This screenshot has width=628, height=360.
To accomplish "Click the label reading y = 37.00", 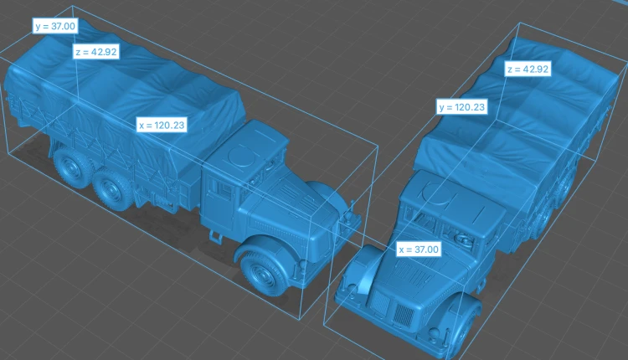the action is [x=55, y=26].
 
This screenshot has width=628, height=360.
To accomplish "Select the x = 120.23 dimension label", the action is [x=162, y=125].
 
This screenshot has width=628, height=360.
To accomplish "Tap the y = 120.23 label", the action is [x=461, y=107].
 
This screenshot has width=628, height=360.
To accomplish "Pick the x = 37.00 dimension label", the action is [x=419, y=249].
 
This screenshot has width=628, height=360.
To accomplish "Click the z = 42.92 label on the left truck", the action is [x=96, y=52].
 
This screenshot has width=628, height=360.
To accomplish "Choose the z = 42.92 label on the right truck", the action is [x=528, y=69].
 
